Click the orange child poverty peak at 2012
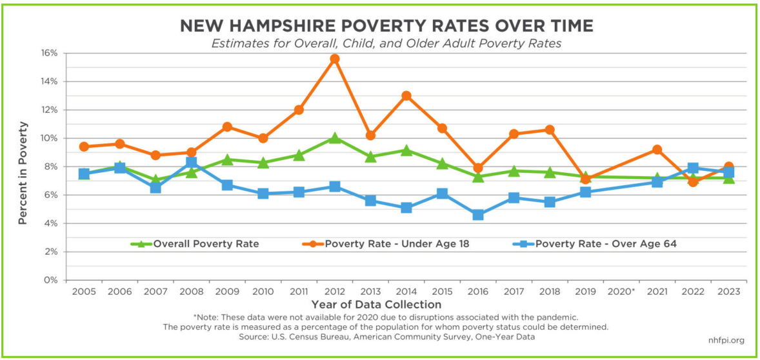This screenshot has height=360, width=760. coord(334,59)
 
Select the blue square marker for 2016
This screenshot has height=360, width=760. coord(477,215)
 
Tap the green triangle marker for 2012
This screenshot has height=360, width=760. coord(334,138)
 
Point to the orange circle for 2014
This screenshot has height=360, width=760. coord(406,96)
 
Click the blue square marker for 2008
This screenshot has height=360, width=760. coord(192,163)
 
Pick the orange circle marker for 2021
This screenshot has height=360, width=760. coord(657,150)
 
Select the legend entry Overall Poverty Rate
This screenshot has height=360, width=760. coord(205,244)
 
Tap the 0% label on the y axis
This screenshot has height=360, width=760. coord(52,280)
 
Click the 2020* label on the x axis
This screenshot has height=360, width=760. coord(621,292)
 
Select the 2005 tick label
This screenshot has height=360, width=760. coord(84,292)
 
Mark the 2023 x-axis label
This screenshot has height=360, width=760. coord(728,292)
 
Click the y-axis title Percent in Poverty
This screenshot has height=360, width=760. coord(23,173)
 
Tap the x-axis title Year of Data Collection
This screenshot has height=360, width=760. coord(377,305)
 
